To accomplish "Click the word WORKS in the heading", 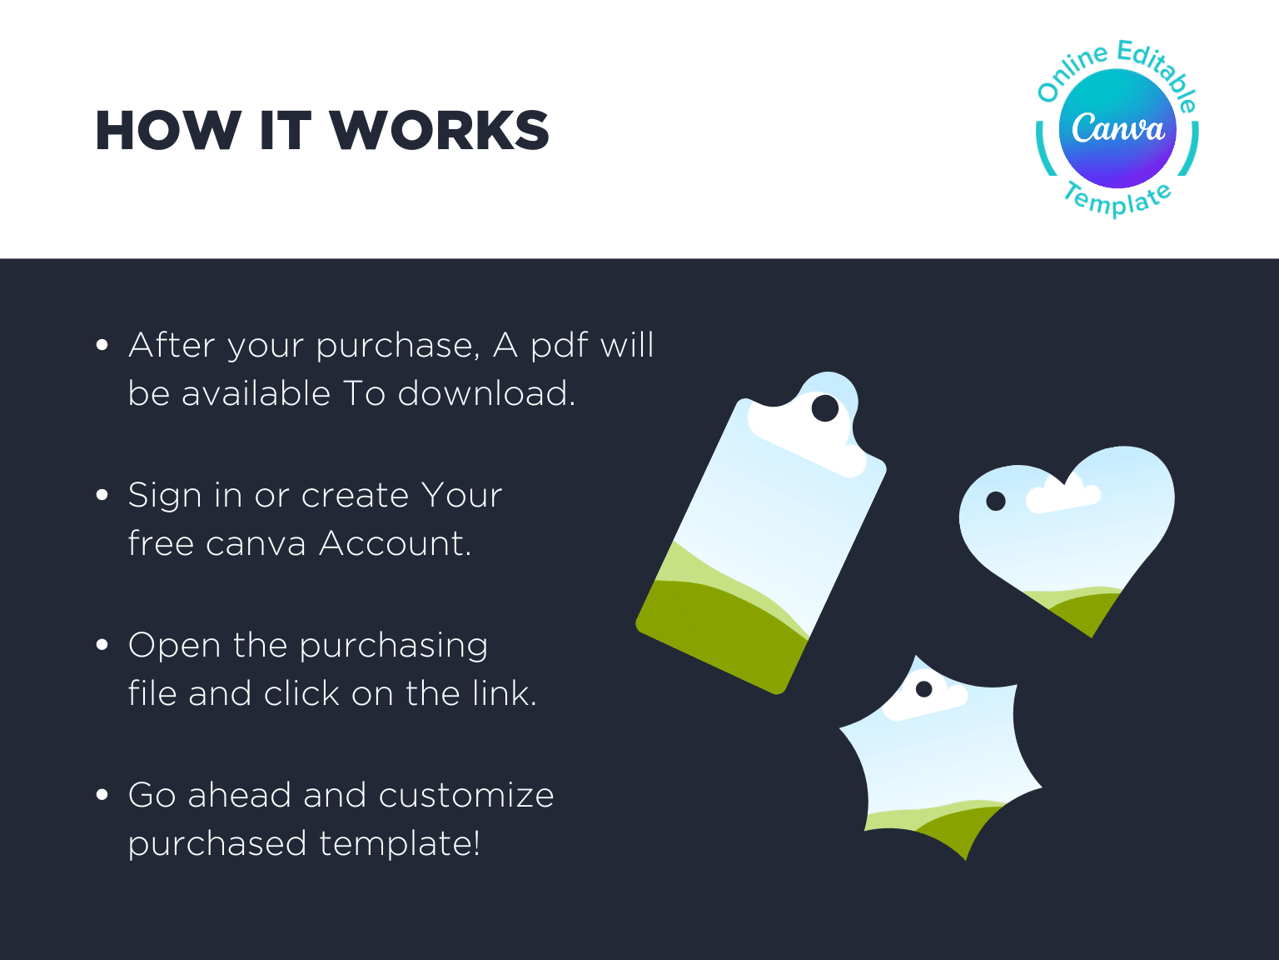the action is (440, 131).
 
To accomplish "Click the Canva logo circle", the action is (1117, 128).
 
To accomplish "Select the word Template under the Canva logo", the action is (1117, 199).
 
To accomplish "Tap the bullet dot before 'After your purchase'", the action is (102, 345).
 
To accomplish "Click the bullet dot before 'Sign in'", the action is (102, 495).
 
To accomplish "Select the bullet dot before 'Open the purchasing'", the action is (102, 645).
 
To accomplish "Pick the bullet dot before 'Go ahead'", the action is (102, 794).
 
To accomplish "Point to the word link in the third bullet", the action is (504, 692).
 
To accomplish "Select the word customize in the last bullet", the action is (466, 795).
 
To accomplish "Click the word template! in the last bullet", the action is (399, 843).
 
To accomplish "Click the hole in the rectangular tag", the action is (825, 408).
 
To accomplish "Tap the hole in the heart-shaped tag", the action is (996, 501).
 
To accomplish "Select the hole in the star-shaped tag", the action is (924, 689).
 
